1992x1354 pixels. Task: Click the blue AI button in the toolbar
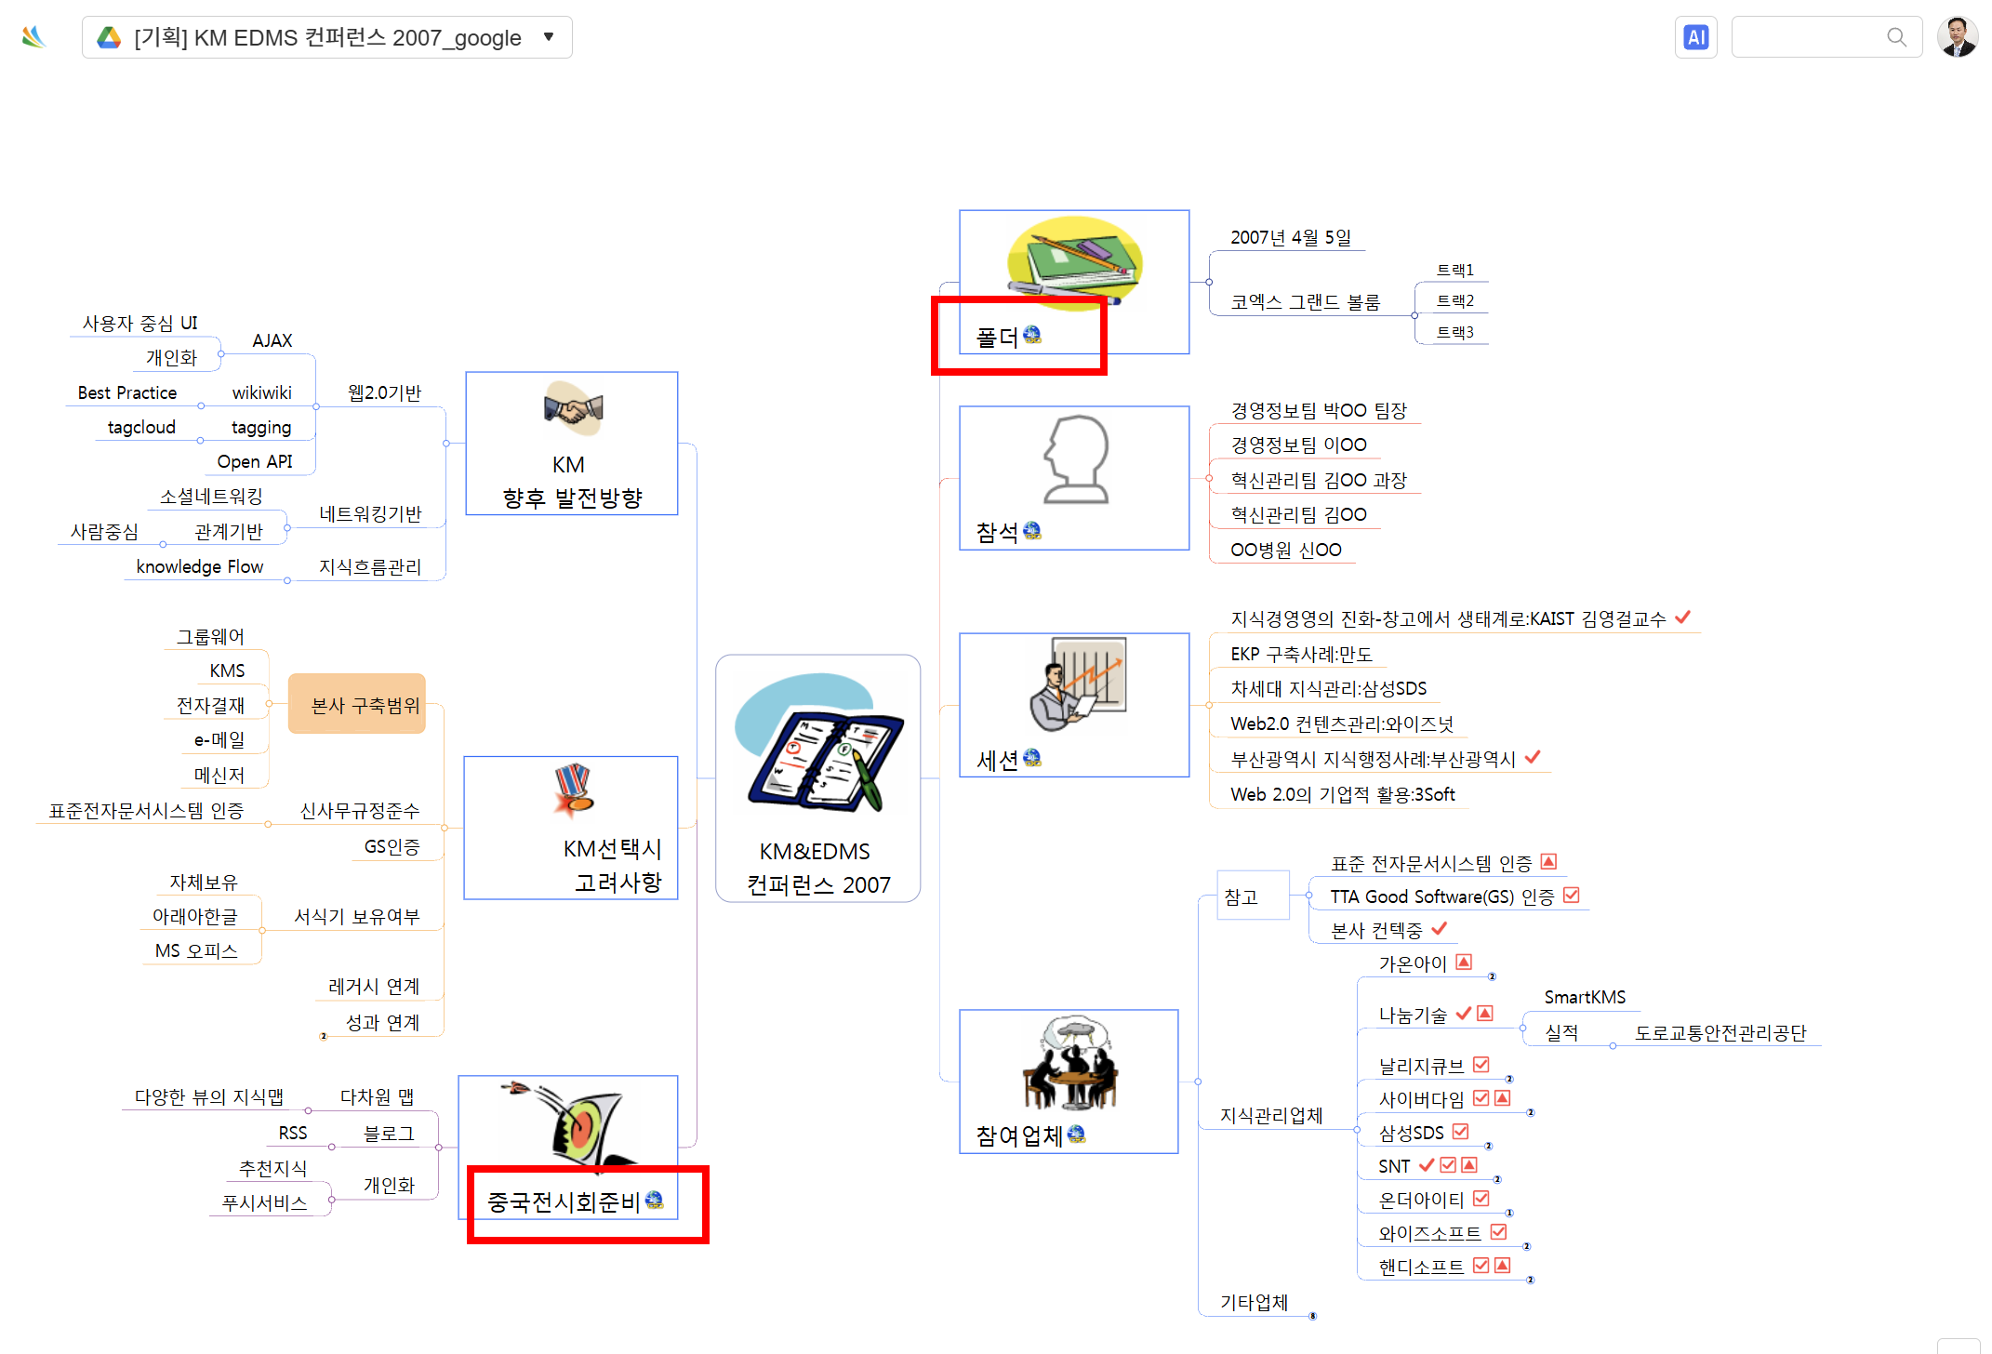1695,37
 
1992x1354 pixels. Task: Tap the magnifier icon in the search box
1896,37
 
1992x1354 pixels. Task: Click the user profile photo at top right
1957,37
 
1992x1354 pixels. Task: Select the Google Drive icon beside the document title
110,37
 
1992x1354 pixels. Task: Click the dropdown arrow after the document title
549,37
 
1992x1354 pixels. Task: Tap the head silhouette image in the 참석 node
1076,459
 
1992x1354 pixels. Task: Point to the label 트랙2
1454,300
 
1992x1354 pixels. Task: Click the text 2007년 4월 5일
1291,237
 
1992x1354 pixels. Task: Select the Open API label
255,461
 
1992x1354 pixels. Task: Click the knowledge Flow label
200,566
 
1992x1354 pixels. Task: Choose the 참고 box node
1253,896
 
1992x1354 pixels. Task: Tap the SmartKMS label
1585,997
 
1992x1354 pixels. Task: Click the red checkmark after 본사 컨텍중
1440,928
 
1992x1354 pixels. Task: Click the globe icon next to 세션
1032,758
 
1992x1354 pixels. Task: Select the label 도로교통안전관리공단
1720,1032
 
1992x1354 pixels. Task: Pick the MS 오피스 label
196,950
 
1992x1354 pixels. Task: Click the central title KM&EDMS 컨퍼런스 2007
818,868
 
